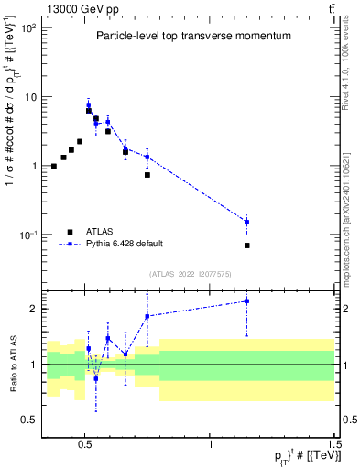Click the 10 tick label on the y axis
point(29,97)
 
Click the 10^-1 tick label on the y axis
point(27,235)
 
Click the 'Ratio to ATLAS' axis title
point(12,365)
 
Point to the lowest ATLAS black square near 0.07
point(247,245)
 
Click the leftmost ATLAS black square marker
point(54,166)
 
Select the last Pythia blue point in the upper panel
point(247,222)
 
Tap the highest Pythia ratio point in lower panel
point(247,301)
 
